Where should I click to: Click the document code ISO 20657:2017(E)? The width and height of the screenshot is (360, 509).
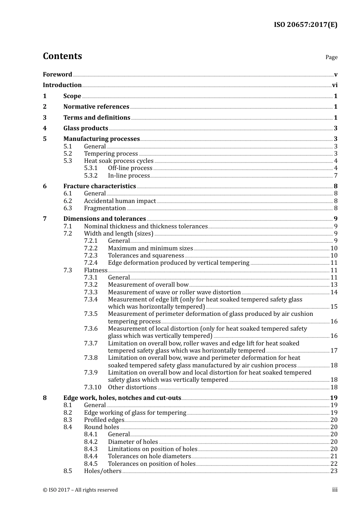coord(305,25)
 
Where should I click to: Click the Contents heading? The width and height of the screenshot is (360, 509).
coord(62,56)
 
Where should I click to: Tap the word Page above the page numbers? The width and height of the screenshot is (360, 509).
coord(331,57)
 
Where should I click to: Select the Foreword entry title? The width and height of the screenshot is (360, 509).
coord(57,75)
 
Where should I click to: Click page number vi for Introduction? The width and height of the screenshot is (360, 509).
coord(335,85)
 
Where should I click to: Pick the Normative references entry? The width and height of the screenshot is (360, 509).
coord(96,107)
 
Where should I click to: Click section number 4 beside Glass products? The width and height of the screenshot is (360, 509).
coord(45,128)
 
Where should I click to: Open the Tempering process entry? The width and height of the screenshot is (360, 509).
coord(111,154)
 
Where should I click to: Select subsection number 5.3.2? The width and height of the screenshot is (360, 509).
coord(91,176)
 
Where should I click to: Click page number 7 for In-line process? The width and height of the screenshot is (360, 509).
coord(336,176)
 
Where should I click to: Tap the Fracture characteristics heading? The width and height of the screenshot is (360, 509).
coord(99,186)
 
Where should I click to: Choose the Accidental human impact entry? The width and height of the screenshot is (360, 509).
coord(120,201)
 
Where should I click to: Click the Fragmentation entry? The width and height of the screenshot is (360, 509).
coord(105,208)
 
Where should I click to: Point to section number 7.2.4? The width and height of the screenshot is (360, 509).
coord(91,263)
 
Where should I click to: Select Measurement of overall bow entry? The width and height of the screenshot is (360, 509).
coord(148,285)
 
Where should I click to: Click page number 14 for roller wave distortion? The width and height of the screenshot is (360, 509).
coord(334,292)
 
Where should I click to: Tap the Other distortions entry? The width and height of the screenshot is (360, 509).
coord(132,387)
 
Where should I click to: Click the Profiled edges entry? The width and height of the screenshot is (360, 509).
coord(104,420)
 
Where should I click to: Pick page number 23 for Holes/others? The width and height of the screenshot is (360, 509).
coord(334,471)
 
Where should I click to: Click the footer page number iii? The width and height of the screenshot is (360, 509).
coord(335,490)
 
